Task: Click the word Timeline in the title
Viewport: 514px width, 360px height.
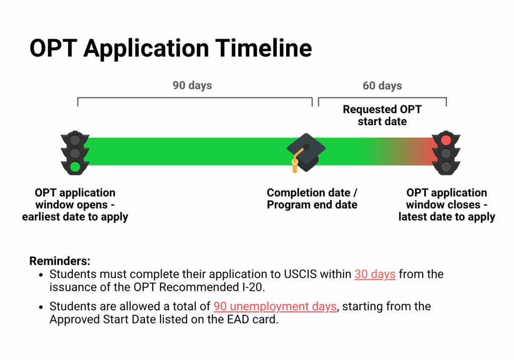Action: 263,48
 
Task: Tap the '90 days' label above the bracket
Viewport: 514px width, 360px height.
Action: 192,85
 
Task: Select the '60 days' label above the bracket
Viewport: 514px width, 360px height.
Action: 382,85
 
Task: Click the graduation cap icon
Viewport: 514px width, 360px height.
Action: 306,153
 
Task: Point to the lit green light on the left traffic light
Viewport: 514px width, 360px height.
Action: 75,167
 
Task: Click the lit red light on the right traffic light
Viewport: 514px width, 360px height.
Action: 446,140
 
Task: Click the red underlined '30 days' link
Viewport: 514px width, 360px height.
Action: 375,274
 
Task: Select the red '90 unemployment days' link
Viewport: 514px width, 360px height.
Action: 275,306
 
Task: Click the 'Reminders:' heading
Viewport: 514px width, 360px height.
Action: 60,261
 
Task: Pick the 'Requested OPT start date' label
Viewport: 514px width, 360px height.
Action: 382,115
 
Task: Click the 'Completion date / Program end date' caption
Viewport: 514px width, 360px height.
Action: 312,198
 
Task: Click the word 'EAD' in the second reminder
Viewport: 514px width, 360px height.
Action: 238,319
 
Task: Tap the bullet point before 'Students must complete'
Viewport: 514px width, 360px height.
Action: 41,275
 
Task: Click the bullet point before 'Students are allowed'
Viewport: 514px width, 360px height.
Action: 41,307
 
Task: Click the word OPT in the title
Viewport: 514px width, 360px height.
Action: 53,48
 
